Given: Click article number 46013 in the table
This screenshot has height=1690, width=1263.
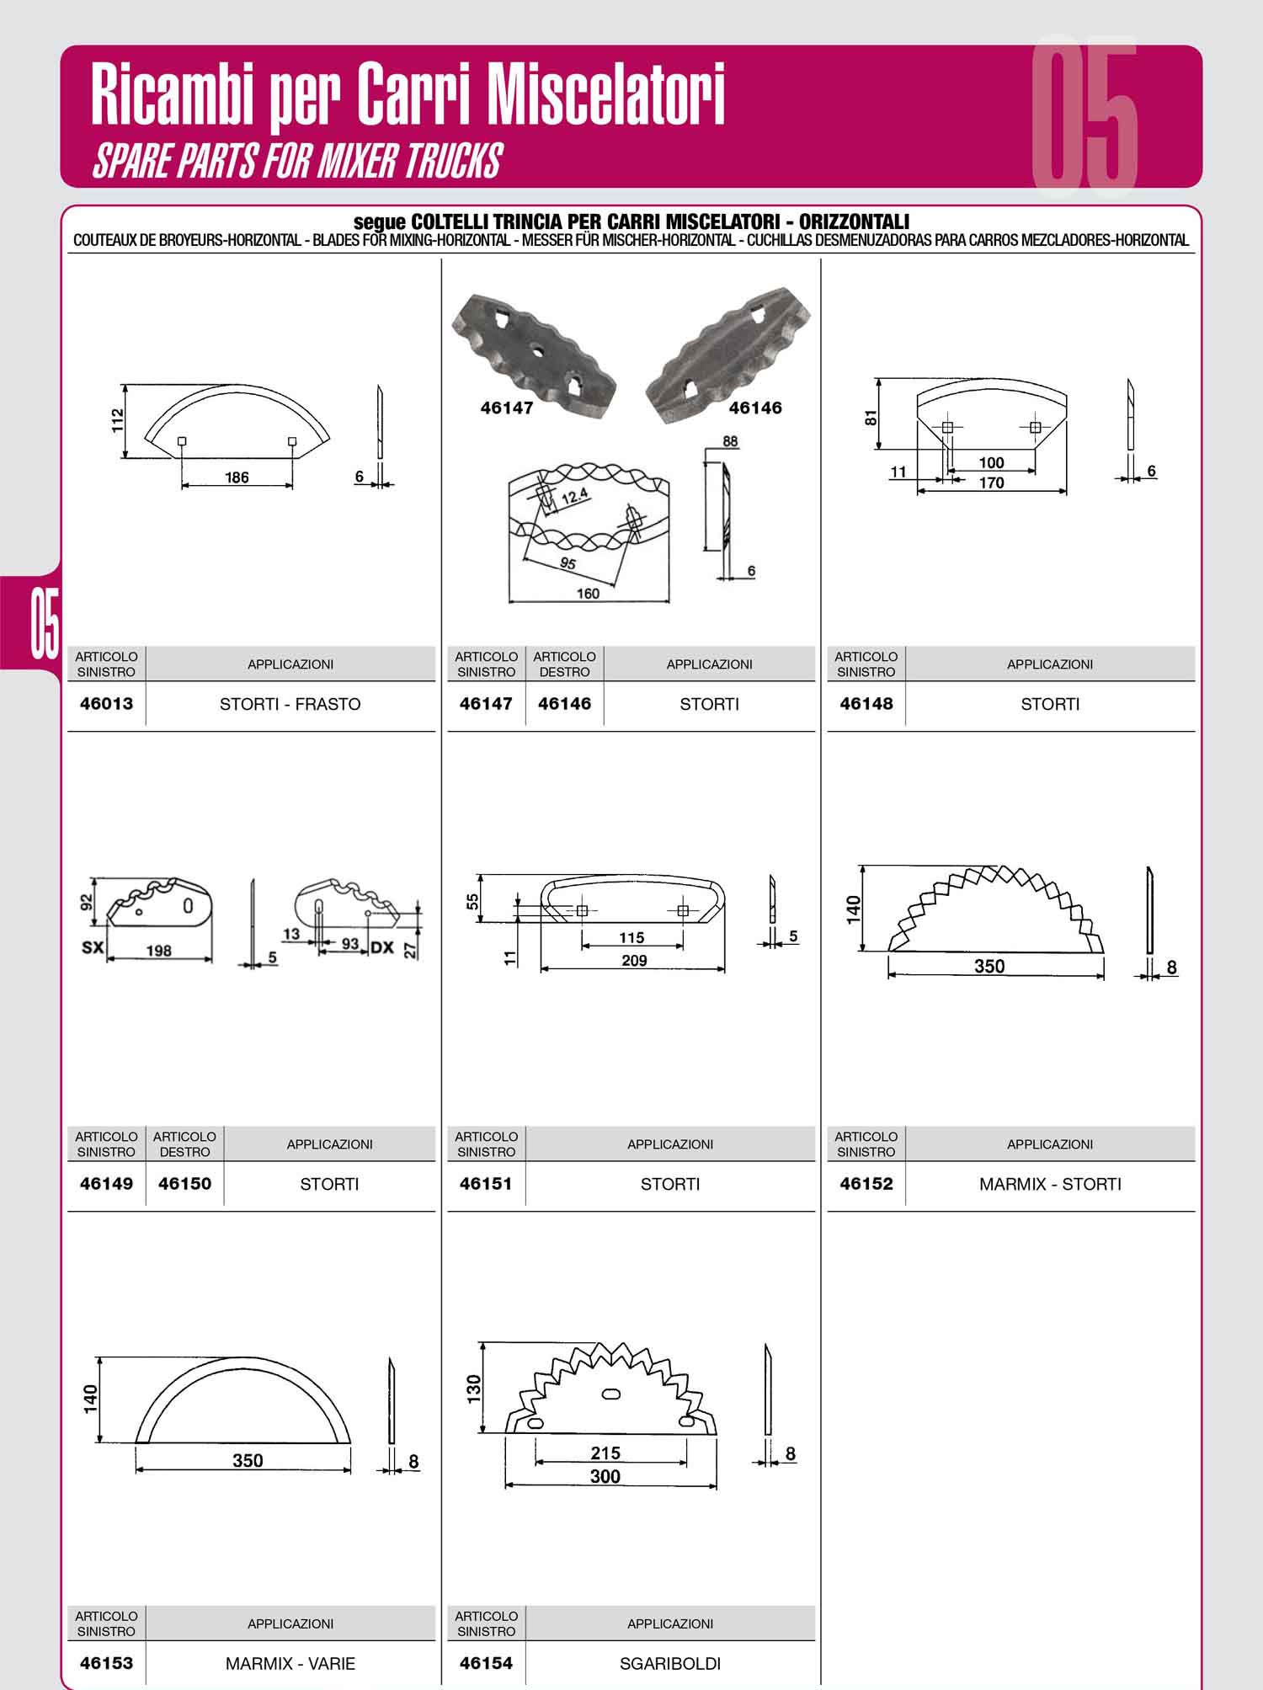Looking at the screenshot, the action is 106,704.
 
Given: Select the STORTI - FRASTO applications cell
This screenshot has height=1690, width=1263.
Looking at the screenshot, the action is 290,704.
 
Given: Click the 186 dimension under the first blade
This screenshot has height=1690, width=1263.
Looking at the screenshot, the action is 237,477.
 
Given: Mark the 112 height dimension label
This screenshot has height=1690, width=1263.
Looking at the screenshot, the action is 118,421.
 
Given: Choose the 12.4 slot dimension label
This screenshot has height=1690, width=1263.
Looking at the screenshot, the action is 573,497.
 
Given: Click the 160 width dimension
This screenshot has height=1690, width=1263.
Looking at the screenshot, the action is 588,594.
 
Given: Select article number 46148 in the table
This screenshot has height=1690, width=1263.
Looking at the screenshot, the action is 866,704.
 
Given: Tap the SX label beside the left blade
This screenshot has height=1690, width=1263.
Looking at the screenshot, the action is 92,947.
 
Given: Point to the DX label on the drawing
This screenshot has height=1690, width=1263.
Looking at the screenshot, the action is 382,947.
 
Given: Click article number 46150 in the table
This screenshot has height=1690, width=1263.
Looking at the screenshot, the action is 184,1184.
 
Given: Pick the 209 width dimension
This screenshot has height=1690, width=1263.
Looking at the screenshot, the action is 634,961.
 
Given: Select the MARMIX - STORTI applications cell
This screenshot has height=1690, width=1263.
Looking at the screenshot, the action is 1050,1184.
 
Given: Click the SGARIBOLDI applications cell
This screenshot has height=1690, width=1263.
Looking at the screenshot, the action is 670,1664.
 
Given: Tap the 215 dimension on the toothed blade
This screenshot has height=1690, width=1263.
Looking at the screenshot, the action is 605,1453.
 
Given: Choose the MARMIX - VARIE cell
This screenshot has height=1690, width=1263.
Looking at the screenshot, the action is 290,1664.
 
